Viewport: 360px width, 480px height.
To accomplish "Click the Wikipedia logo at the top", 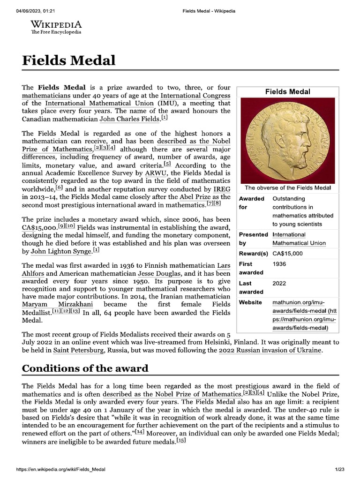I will pyautogui.click(x=56, y=27).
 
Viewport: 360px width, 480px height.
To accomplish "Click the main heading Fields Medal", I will pyautogui.click(x=68, y=60).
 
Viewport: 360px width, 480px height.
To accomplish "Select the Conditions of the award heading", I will pyautogui.click(x=85, y=368).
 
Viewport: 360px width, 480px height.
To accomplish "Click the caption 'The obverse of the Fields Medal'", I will pyautogui.click(x=287, y=188).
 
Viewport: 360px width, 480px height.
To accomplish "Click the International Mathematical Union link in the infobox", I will pyautogui.click(x=294, y=239).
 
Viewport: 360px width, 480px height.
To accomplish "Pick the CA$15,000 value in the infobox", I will pyautogui.click(x=287, y=254).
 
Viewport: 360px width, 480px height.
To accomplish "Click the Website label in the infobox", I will pyautogui.click(x=250, y=302).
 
